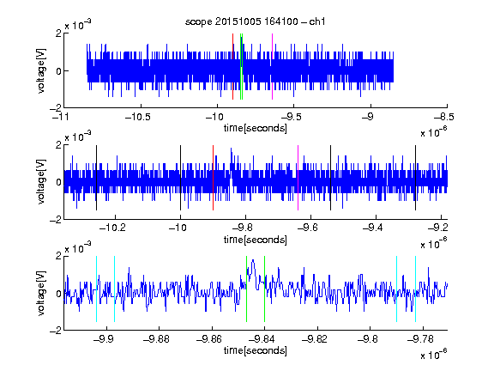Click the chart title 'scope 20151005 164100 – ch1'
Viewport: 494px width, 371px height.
pyautogui.click(x=255, y=21)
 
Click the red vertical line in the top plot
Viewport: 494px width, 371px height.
pyautogui.click(x=232, y=67)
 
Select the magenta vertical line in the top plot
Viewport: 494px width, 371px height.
pyautogui.click(x=272, y=67)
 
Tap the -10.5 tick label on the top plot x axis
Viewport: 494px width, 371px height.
pyautogui.click(x=138, y=117)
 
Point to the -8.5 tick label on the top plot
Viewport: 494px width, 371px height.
pyautogui.click(x=443, y=117)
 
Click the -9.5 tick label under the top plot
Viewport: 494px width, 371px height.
pyautogui.click(x=292, y=117)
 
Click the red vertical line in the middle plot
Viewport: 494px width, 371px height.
pyautogui.click(x=213, y=178)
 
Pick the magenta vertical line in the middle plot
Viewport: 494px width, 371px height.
pyautogui.click(x=298, y=178)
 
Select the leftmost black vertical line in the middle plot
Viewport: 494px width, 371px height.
pyautogui.click(x=96, y=178)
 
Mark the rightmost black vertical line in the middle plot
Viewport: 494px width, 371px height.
pyautogui.click(x=415, y=178)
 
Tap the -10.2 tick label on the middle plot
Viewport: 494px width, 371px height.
pyautogui.click(x=112, y=228)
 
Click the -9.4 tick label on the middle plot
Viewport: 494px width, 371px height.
pyautogui.click(x=373, y=228)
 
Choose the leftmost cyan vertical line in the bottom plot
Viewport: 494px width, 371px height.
pyautogui.click(x=96, y=289)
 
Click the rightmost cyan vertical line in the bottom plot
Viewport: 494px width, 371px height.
pyautogui.click(x=415, y=289)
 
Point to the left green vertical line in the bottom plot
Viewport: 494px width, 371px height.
pyautogui.click(x=246, y=289)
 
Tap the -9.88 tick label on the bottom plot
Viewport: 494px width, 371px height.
pyautogui.click(x=156, y=339)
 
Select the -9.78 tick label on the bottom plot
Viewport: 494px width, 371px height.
pyautogui.click(x=420, y=339)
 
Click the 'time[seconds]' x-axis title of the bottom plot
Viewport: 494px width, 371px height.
pyautogui.click(x=256, y=350)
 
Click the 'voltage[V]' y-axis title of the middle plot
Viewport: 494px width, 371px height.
pyautogui.click(x=41, y=182)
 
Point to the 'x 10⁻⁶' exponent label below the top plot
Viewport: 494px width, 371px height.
pyautogui.click(x=434, y=132)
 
